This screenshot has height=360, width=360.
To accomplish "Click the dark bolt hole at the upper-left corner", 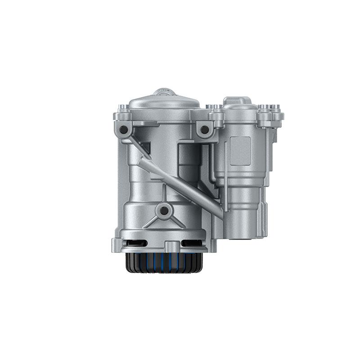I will (123, 130).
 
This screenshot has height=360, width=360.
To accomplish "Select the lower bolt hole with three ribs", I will (164, 210).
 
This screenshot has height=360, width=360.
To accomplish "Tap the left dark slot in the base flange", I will (137, 243).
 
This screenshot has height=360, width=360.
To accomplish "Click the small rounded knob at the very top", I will (165, 92).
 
